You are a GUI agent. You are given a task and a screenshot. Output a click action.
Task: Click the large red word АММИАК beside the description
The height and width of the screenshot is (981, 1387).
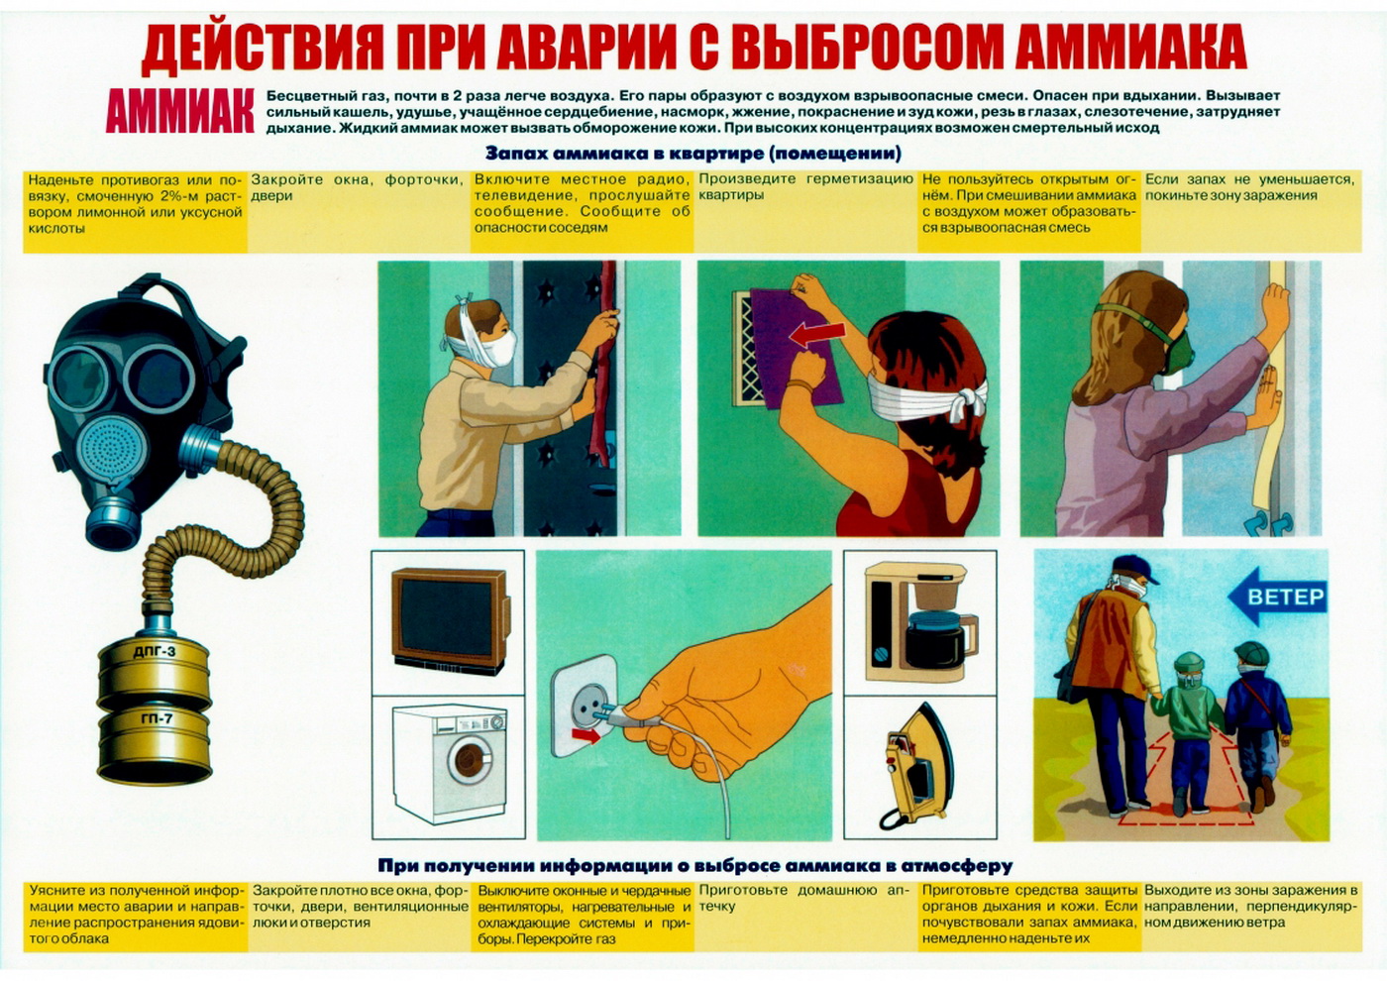pos(180,111)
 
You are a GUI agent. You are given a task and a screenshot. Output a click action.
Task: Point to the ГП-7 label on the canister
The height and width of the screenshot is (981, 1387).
pos(157,719)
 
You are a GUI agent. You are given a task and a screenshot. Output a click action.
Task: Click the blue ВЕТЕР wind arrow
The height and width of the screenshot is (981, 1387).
pos(1277,596)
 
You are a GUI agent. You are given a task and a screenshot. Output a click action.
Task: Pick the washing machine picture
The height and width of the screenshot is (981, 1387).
pos(450,765)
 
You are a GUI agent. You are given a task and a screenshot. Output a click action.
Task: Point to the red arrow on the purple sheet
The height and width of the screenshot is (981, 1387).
pos(818,335)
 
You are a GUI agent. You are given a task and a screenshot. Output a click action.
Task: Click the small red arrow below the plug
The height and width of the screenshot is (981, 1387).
pos(586,736)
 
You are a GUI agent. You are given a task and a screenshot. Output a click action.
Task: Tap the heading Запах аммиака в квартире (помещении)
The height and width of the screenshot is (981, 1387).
pos(693,153)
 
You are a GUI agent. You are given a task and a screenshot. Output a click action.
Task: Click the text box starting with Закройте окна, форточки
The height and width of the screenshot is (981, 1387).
pos(359,211)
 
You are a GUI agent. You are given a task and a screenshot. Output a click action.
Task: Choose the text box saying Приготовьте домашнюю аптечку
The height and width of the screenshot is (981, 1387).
pos(805,916)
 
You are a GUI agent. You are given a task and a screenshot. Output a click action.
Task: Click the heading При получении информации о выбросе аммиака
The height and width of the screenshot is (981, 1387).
pos(694,865)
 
